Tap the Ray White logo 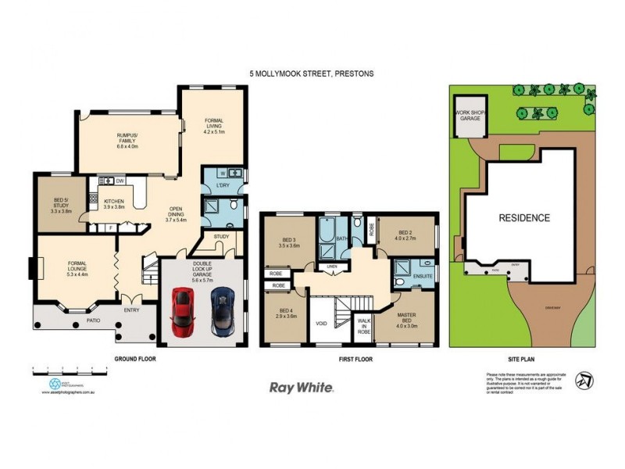[x=302, y=387]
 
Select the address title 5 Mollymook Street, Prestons [x=312, y=73]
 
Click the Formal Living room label [x=213, y=126]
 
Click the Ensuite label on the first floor [x=422, y=275]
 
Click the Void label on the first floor [x=321, y=321]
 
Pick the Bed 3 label [x=290, y=242]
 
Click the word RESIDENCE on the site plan [x=524, y=218]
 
